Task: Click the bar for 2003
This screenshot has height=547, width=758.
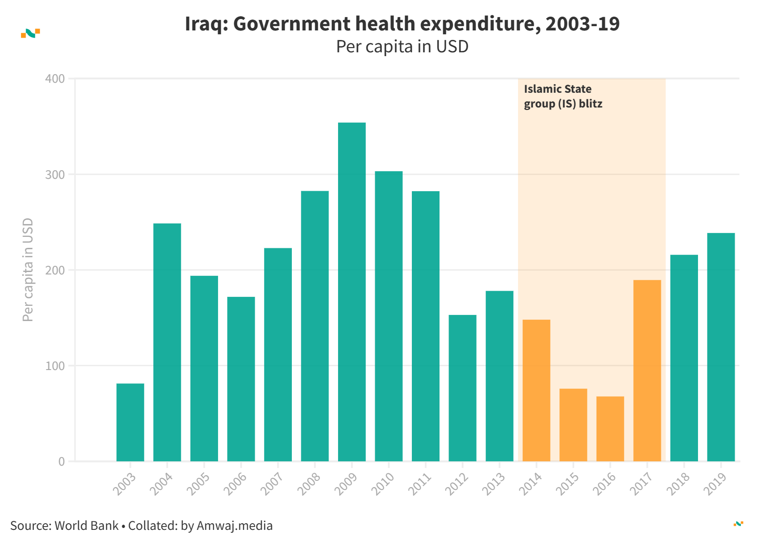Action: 130,422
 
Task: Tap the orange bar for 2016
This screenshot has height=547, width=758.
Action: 610,429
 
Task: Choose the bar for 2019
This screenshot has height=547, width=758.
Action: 721,347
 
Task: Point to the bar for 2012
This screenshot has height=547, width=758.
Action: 462,388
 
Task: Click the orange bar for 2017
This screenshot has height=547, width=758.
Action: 647,371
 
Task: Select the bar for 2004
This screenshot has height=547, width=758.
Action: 167,342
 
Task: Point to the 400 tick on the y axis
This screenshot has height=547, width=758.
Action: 55,79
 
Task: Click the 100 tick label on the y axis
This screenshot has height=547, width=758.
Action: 55,366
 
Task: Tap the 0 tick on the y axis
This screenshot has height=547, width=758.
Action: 61,461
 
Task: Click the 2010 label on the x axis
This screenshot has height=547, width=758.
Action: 383,484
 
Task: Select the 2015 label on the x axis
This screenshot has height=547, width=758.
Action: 568,484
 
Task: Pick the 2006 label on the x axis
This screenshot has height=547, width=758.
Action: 235,484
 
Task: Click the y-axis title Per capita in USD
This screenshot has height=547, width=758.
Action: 28,270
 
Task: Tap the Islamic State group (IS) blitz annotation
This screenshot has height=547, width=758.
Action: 563,96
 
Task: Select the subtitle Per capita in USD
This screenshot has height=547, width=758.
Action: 402,47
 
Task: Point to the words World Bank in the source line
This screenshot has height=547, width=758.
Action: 87,526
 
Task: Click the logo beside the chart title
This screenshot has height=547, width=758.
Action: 30,33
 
